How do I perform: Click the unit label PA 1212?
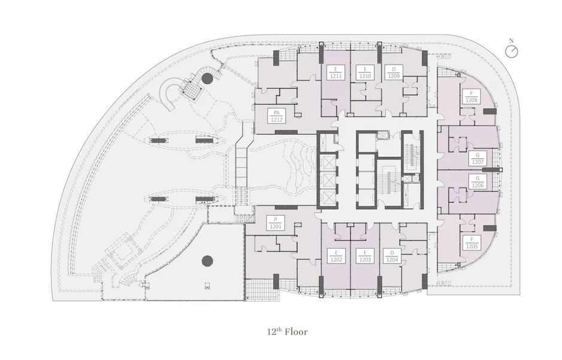(276, 116)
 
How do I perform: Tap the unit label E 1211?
(336, 72)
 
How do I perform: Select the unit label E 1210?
(365, 72)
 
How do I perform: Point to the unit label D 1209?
(394, 72)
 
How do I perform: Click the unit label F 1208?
(472, 96)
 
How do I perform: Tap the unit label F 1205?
(472, 243)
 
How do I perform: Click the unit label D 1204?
(392, 256)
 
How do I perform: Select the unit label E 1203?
(365, 256)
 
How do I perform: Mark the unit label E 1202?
(336, 256)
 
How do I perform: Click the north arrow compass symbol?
(512, 52)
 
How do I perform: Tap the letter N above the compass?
(512, 41)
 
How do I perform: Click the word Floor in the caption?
(296, 332)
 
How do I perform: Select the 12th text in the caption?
(274, 332)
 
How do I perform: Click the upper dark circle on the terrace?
(207, 78)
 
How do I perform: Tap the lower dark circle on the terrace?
(207, 261)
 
